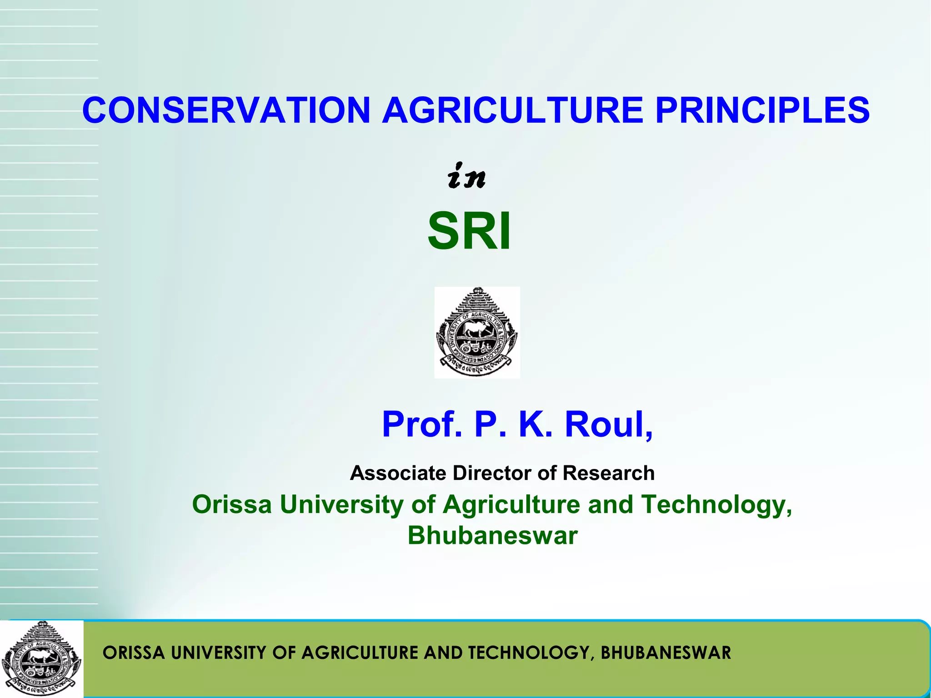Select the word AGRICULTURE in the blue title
click(512, 110)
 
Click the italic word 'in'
click(466, 176)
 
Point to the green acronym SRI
click(469, 231)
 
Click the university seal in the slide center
click(477, 333)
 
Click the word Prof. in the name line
click(421, 424)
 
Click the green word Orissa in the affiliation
click(232, 504)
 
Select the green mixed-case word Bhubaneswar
click(492, 535)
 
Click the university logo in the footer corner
click(41, 658)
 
